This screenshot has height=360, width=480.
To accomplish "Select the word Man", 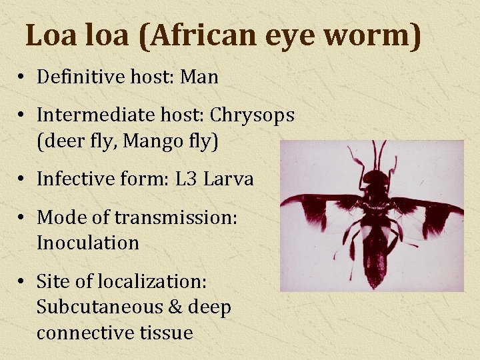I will [199, 77].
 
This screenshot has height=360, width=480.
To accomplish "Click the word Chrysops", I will [252, 115].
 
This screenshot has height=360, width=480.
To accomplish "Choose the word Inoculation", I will [87, 243].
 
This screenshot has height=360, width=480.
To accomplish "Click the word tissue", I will [167, 333].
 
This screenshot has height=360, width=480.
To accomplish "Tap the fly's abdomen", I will [375, 257].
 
